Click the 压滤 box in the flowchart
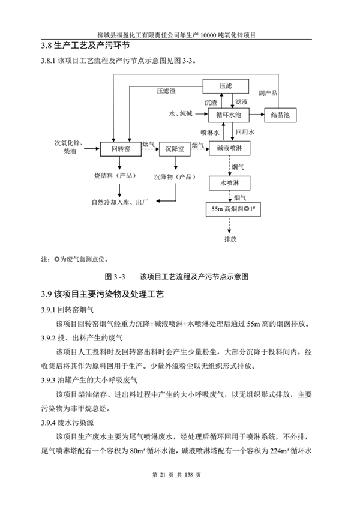pyautogui.click(x=225, y=86)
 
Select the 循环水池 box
pyautogui.click(x=229, y=114)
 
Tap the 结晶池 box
pyautogui.click(x=280, y=114)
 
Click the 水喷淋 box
pyautogui.click(x=229, y=182)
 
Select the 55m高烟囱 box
pyautogui.click(x=229, y=209)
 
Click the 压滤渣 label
pyautogui.click(x=166, y=91)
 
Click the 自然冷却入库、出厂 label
pyautogui.click(x=120, y=201)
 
